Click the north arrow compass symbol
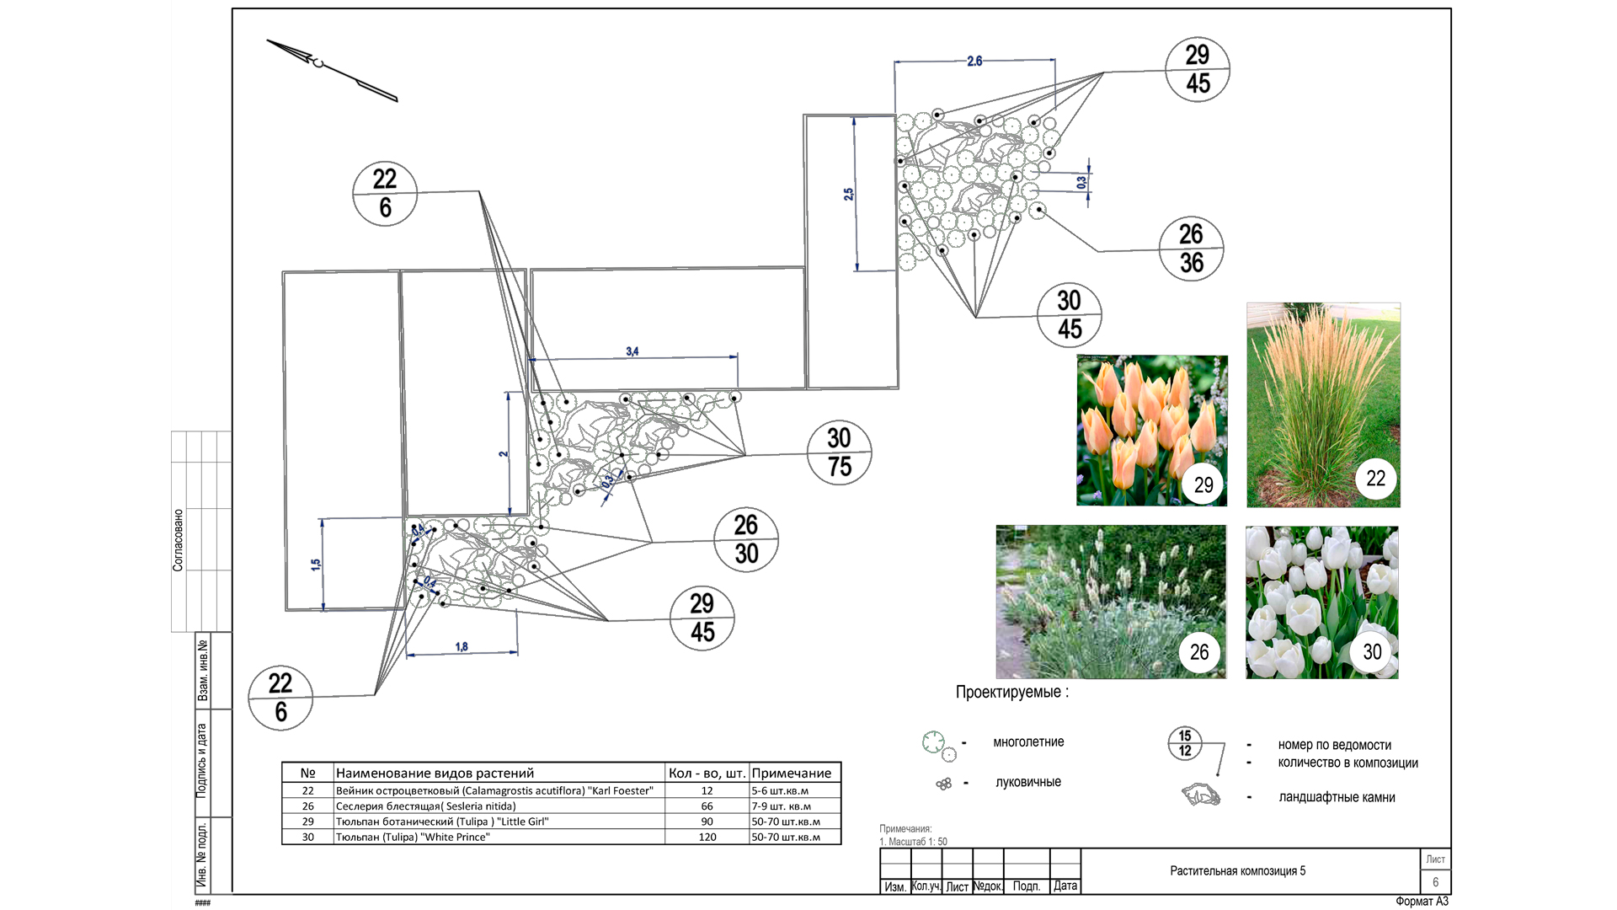tap(331, 70)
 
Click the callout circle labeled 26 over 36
tap(1191, 249)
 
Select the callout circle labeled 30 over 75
tap(839, 452)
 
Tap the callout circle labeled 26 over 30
tap(746, 539)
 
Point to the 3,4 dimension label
tap(632, 351)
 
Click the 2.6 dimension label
tap(974, 61)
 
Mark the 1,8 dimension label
tap(462, 646)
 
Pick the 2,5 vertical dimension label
tap(849, 194)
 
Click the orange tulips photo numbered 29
tap(1151, 430)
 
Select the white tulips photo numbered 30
tap(1321, 602)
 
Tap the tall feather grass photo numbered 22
tap(1323, 404)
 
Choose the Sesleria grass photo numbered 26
tap(1111, 602)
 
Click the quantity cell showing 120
tap(707, 837)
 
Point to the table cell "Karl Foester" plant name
tap(494, 790)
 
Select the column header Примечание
tap(792, 773)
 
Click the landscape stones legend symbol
tap(1200, 795)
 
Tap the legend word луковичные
tap(1028, 782)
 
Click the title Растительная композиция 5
tap(1237, 870)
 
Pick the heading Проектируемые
tap(1011, 692)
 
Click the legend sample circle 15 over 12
tap(1185, 743)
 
